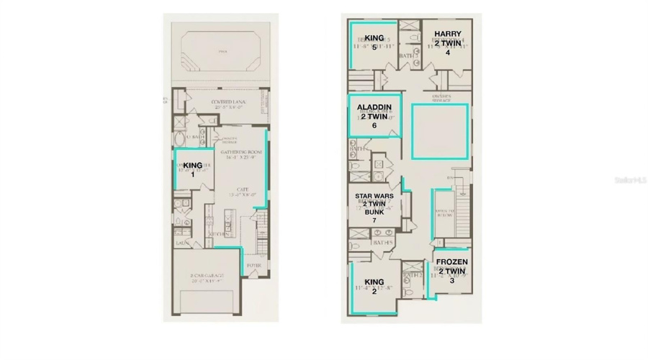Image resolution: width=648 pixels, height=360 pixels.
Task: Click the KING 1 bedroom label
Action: tap(193, 170)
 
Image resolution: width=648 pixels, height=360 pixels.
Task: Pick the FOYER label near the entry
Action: tap(254, 266)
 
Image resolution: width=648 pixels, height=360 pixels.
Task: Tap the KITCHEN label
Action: tap(220, 234)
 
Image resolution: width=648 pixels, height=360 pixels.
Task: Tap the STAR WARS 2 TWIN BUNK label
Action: tap(374, 207)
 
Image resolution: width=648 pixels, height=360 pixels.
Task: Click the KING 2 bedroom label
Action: tap(374, 286)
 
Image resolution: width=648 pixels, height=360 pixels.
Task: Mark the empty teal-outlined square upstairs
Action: tap(439, 131)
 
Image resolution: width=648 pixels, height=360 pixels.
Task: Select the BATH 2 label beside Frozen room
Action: tap(412, 274)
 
